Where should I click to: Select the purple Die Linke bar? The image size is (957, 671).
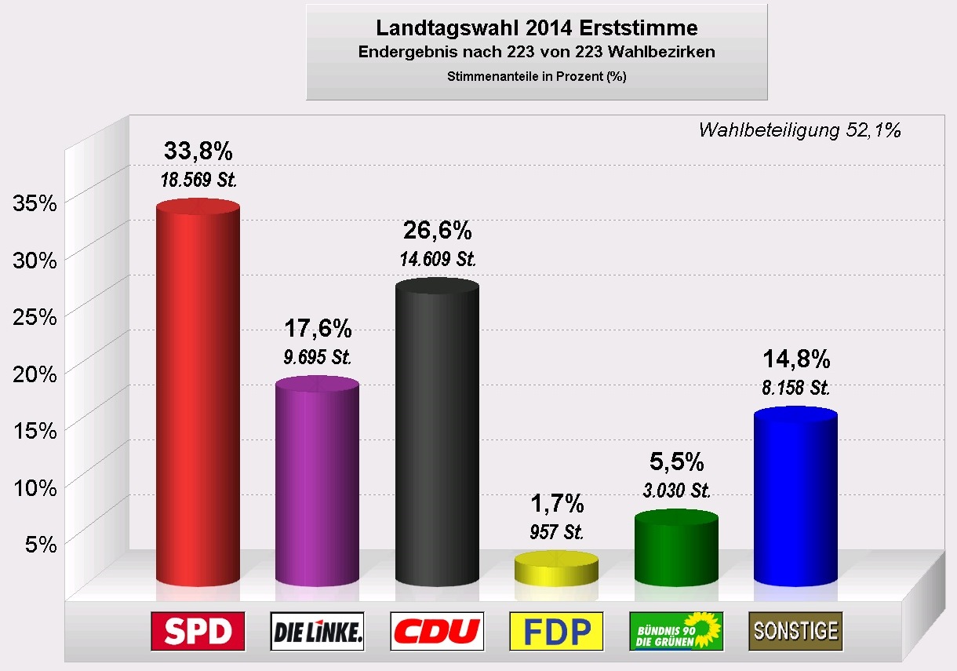point(317,483)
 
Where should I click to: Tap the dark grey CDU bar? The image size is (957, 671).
point(437,432)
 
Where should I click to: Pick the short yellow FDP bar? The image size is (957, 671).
point(556,569)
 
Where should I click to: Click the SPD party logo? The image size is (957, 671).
point(198,631)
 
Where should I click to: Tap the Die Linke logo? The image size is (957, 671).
point(317,631)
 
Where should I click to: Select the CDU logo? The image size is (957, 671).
point(437,631)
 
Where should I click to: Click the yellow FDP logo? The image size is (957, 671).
point(556,631)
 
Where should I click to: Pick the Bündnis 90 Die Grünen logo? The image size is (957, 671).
point(676,631)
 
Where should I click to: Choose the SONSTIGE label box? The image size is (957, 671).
point(795,631)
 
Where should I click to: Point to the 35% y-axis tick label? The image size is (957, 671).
point(36,203)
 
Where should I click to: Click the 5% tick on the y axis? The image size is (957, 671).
point(42,544)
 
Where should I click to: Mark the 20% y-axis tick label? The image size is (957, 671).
point(36,374)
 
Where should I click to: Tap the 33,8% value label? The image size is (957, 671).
point(198,150)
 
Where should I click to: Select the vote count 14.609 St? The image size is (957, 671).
point(437,258)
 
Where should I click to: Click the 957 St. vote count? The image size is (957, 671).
point(556,532)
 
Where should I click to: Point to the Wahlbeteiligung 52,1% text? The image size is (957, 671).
point(799,130)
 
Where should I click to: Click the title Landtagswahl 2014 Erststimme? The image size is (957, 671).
point(537,28)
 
